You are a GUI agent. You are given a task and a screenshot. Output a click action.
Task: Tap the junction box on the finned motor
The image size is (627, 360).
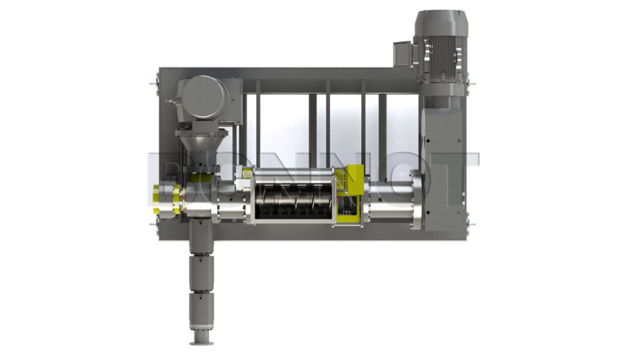[403, 54]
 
